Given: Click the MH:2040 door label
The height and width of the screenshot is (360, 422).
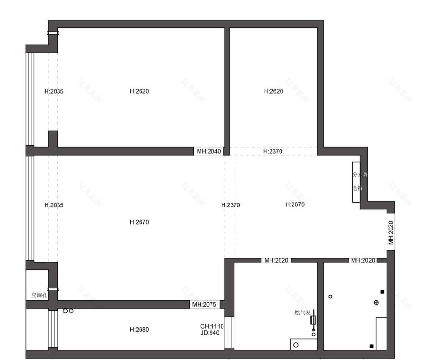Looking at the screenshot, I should click(x=209, y=151).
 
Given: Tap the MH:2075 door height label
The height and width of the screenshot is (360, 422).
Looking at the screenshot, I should click(x=204, y=304).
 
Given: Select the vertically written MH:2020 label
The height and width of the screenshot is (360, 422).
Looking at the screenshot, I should click(x=391, y=233).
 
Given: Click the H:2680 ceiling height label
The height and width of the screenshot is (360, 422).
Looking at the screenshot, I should click(x=140, y=330).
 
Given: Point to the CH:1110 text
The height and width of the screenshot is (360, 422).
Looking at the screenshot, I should click(x=212, y=326).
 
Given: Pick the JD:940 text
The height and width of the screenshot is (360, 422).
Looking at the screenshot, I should click(x=210, y=332).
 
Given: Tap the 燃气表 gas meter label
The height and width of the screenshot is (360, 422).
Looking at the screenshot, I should click(x=302, y=313).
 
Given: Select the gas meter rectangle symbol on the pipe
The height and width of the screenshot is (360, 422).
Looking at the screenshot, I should click(x=314, y=320).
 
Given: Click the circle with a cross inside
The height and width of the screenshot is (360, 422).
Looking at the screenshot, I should click(x=376, y=302).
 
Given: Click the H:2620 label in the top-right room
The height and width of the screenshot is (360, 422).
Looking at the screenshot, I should click(x=273, y=91).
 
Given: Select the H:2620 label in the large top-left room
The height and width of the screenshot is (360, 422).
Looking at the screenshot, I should click(x=140, y=91).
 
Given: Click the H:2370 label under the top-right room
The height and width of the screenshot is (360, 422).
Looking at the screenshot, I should click(x=273, y=151).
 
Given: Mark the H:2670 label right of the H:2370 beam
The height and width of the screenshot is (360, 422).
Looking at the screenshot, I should click(x=295, y=204).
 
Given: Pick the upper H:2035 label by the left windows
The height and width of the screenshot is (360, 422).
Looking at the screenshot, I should click(x=54, y=91).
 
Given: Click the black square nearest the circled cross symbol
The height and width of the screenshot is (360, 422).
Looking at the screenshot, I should click(x=382, y=292).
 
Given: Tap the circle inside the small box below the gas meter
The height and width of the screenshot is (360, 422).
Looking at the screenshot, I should click(x=296, y=345).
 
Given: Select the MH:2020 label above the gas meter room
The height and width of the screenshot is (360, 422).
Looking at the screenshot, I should click(x=276, y=260).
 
